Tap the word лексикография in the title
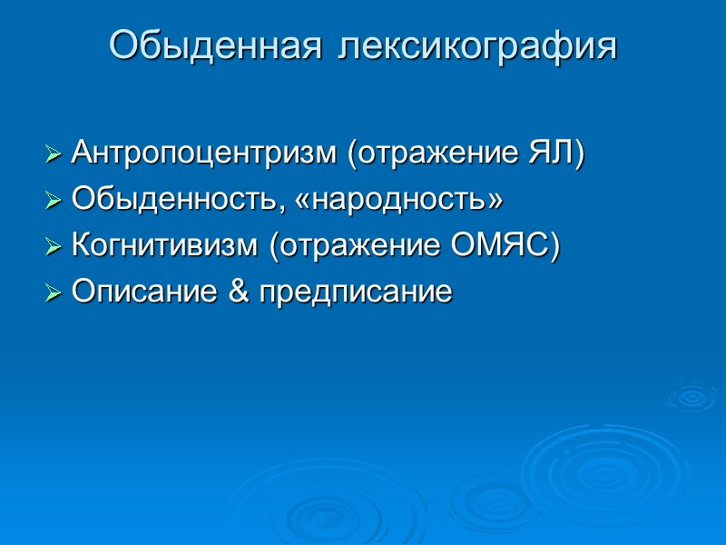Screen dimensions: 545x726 pos(477,46)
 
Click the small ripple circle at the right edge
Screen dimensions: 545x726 pos(692,396)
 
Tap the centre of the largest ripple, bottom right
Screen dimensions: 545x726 pos(594,469)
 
